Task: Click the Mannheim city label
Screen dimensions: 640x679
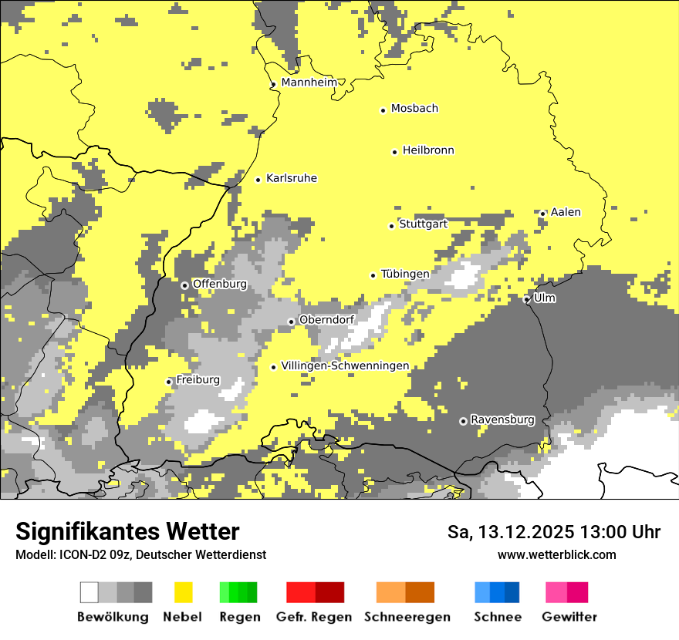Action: click(x=309, y=83)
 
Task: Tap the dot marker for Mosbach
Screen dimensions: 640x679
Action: click(x=383, y=110)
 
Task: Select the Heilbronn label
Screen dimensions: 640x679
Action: click(x=428, y=150)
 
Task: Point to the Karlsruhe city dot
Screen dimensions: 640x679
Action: click(x=258, y=180)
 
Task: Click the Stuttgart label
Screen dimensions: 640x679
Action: click(x=423, y=224)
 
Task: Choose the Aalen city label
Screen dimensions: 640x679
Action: click(x=566, y=212)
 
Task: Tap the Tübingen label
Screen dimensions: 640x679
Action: click(x=405, y=274)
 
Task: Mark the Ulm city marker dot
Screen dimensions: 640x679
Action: click(x=526, y=299)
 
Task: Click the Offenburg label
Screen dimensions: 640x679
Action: click(x=220, y=284)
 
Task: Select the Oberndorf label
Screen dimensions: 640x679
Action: click(x=326, y=319)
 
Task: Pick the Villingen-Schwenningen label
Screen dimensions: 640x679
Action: click(x=345, y=365)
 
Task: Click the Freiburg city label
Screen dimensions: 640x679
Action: click(x=198, y=379)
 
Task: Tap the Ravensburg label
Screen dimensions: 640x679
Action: click(x=502, y=419)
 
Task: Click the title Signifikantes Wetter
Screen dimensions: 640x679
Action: click(x=127, y=532)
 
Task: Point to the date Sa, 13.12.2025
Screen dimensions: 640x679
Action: click(x=509, y=532)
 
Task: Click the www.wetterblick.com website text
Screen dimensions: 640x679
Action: click(x=557, y=554)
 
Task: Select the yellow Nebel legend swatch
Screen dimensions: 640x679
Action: click(x=184, y=592)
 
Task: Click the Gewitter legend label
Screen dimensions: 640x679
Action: click(x=569, y=617)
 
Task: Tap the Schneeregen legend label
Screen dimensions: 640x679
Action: click(x=407, y=617)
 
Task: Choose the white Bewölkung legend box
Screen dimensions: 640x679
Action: click(x=90, y=592)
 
